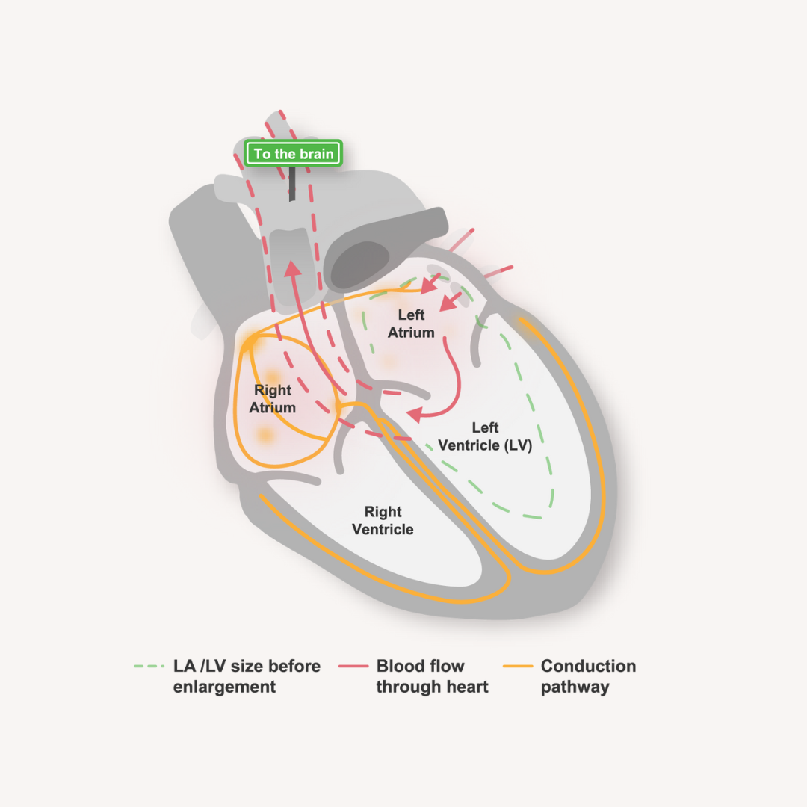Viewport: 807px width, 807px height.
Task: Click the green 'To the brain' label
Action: click(294, 154)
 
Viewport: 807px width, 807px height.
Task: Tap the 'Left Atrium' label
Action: click(411, 324)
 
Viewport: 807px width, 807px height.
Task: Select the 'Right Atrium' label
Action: click(273, 399)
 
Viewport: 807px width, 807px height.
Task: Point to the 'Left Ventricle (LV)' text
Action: click(485, 436)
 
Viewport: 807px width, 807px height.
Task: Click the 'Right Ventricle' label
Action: click(383, 521)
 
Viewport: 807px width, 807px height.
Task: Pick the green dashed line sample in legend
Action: click(149, 666)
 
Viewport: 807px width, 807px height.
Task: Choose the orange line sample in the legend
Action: click(517, 666)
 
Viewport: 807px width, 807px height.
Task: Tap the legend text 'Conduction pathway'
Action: click(588, 676)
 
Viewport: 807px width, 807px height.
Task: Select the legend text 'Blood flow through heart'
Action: click(432, 676)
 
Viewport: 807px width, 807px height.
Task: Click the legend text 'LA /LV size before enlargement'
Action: click(247, 676)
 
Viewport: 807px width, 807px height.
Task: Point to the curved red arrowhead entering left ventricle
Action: click(413, 413)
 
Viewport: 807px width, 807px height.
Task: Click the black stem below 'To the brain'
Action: click(292, 182)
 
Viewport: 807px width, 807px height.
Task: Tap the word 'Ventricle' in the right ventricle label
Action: click(383, 530)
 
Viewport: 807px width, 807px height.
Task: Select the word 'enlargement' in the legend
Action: click(224, 687)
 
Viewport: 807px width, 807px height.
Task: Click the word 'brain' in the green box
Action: click(319, 154)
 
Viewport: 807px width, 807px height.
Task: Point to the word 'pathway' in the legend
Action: click(575, 687)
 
